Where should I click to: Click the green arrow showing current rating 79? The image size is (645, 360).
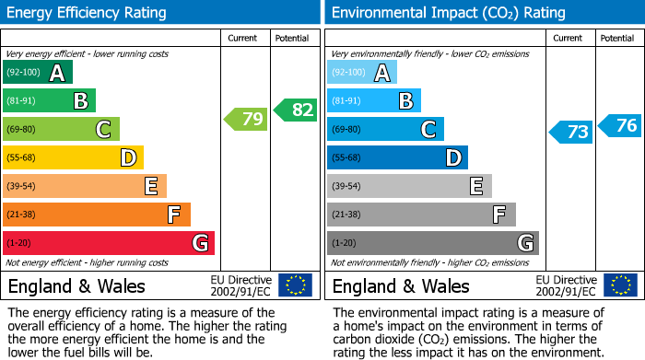(x=245, y=119)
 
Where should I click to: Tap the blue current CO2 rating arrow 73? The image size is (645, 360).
(x=570, y=132)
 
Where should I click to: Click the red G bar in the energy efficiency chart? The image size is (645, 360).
(x=109, y=243)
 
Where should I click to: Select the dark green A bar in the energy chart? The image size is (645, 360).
(x=38, y=73)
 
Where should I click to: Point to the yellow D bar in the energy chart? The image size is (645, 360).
(x=74, y=157)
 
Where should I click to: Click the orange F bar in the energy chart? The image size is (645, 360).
(x=97, y=215)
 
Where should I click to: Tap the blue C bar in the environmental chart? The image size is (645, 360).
(x=385, y=129)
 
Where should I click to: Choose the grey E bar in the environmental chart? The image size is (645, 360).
(x=409, y=186)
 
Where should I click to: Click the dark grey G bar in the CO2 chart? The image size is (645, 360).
(x=432, y=243)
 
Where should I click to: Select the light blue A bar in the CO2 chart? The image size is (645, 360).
(x=362, y=73)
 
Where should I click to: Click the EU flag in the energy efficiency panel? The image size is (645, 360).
(x=295, y=285)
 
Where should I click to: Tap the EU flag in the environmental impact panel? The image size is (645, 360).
(x=620, y=285)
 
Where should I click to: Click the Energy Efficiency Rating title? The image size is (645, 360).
(x=88, y=13)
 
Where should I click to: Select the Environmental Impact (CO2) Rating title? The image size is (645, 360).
(x=448, y=13)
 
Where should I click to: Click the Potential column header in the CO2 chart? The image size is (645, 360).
(x=617, y=38)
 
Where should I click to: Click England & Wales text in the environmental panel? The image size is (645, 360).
(x=401, y=285)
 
